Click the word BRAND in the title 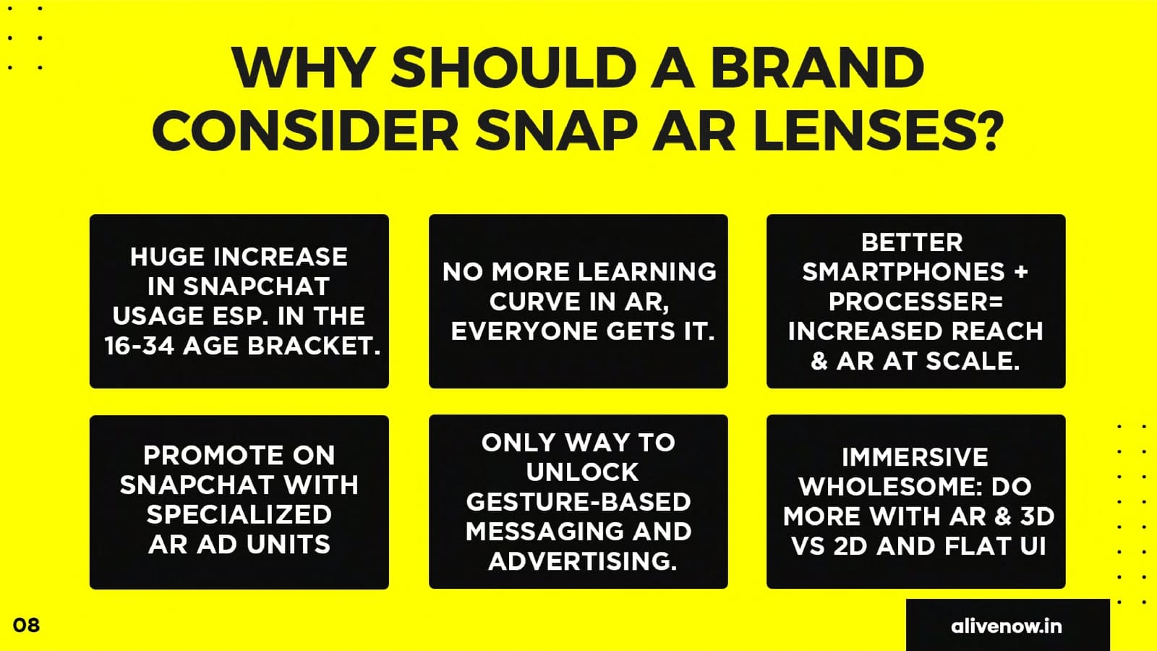pyautogui.click(x=817, y=69)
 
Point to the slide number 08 pyautogui.click(x=26, y=625)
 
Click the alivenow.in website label pyautogui.click(x=1006, y=626)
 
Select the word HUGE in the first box pyautogui.click(x=166, y=256)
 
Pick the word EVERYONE pyautogui.click(x=524, y=331)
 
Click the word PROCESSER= pyautogui.click(x=915, y=301)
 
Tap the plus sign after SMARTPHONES pyautogui.click(x=1020, y=272)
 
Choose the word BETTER pyautogui.click(x=912, y=242)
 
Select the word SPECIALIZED pyautogui.click(x=239, y=514)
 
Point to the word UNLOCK pyautogui.click(x=582, y=472)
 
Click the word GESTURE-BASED pyautogui.click(x=578, y=501)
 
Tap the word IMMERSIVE pyautogui.click(x=915, y=456)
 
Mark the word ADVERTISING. pyautogui.click(x=582, y=561)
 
